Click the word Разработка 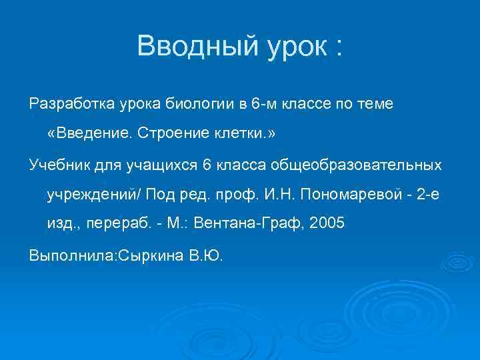click(72, 105)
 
